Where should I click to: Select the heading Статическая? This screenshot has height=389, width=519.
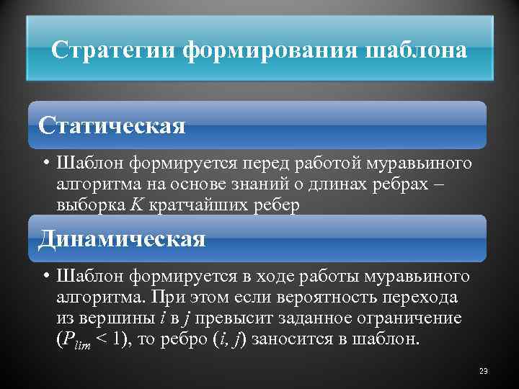tap(112, 125)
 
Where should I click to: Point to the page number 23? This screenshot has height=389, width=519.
tap(483, 371)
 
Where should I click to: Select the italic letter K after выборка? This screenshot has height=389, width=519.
tap(136, 205)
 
